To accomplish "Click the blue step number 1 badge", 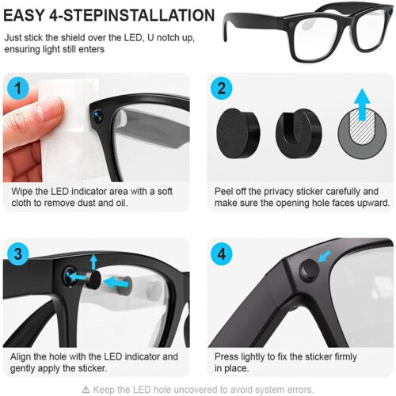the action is pos(18,88).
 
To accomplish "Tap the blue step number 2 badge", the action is pos(221,88).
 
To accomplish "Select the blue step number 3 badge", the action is pos(18,254).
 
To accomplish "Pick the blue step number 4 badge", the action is pos(221,254).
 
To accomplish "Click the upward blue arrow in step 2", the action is pos(362,105).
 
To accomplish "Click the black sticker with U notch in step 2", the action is pos(299,133).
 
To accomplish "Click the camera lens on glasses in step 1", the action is pos(97,116).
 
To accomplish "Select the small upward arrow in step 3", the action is pos(93,261).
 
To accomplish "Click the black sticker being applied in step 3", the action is pos(93,280).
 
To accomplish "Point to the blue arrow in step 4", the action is pos(325,256).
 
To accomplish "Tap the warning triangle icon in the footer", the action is pos(86,389).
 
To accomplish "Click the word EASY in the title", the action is pos(24,15).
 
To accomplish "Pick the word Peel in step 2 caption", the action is pos(223,192).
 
